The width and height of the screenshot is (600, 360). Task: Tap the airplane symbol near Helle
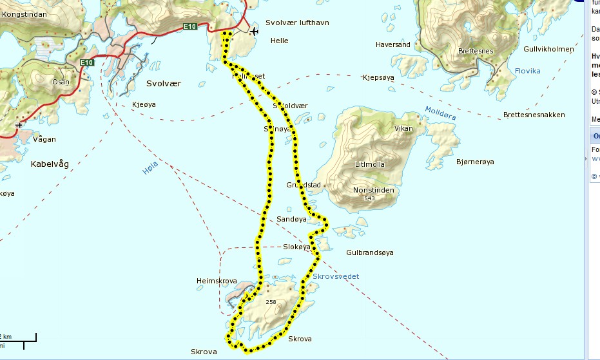coord(254,31)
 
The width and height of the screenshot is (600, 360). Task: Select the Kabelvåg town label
coord(50,164)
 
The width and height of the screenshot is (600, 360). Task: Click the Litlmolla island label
coord(370,164)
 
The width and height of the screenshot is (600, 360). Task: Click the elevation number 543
coord(369,198)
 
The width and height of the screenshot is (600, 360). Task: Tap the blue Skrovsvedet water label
coord(336,276)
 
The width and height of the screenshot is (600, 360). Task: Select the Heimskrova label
coord(217,281)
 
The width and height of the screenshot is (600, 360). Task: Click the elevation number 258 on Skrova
coord(271,301)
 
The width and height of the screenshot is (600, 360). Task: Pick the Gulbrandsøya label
coord(369,252)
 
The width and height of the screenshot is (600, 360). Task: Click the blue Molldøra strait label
coord(440,115)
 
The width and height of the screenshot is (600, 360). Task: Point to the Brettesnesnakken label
coord(534,115)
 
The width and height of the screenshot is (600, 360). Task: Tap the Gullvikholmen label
coord(548,49)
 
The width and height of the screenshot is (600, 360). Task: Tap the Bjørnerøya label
coord(474,162)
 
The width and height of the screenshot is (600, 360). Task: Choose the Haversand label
coord(393,44)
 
